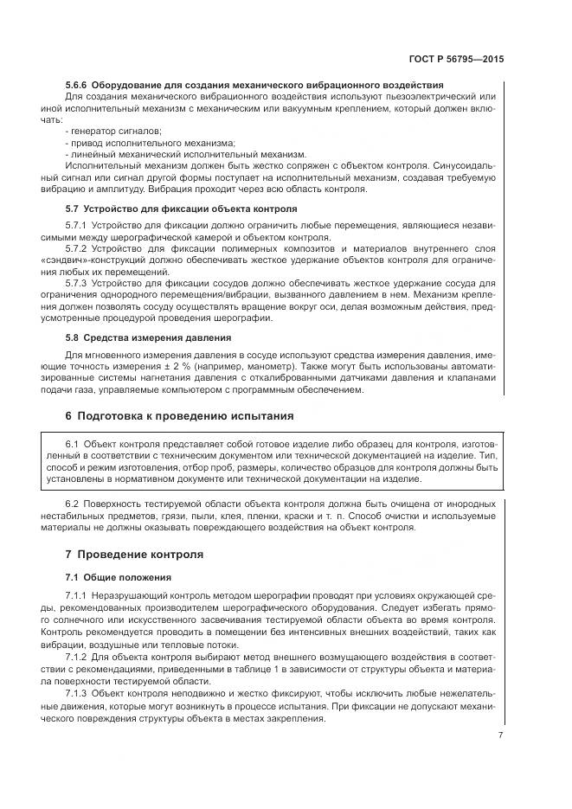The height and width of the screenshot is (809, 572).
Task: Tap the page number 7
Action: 500,735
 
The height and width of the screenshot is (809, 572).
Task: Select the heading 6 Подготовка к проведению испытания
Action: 180,416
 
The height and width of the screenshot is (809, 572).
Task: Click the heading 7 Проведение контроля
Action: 134,554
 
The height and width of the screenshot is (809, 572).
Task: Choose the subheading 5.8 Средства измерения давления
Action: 148,337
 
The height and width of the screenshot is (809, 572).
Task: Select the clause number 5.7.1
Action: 78,226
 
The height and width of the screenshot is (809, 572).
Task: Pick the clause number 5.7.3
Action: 78,283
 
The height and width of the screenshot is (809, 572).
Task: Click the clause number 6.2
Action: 74,504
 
